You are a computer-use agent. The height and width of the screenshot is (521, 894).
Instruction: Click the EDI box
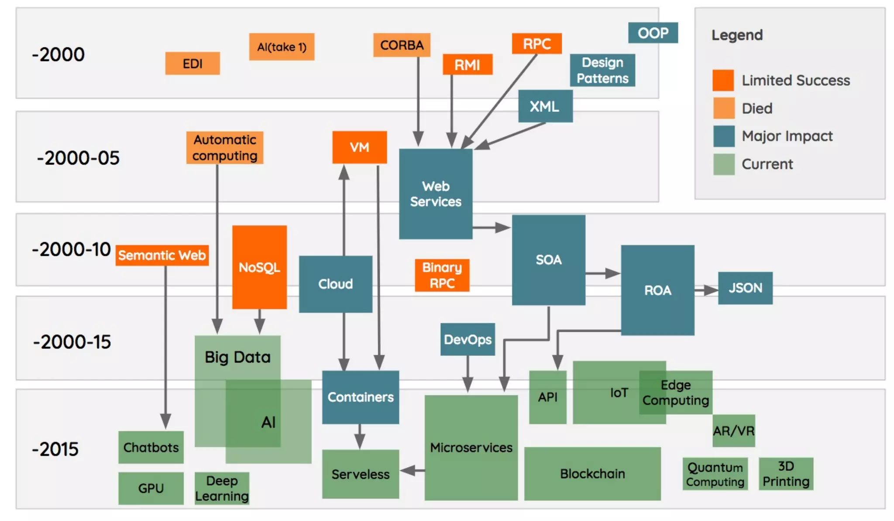click(192, 64)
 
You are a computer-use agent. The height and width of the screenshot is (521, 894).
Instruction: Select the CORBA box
click(402, 45)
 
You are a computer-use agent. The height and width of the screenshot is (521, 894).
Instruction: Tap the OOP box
click(653, 33)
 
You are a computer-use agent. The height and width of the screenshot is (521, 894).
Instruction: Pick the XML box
click(545, 106)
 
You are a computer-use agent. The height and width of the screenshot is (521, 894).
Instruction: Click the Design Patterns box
click(602, 70)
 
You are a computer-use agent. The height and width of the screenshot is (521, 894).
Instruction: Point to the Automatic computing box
click(224, 148)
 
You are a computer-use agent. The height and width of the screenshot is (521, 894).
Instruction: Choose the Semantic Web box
click(162, 255)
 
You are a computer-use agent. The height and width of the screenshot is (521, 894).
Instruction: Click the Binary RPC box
click(442, 275)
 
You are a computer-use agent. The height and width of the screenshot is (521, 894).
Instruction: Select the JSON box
click(745, 288)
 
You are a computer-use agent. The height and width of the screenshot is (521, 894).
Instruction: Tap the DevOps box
click(467, 339)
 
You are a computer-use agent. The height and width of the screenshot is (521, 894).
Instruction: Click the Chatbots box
click(151, 447)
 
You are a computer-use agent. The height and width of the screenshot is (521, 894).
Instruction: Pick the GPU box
click(151, 488)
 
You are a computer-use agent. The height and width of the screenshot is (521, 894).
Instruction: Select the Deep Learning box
click(222, 488)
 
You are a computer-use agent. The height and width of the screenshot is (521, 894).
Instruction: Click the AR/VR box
click(733, 431)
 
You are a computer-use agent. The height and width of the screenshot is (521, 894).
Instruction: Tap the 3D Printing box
click(785, 474)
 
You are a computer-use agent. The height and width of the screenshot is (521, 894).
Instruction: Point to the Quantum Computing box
click(715, 474)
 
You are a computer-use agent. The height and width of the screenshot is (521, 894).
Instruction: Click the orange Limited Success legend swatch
click(723, 80)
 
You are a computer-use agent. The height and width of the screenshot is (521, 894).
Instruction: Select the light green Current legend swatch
click(723, 164)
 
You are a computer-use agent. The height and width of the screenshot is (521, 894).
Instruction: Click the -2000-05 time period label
click(78, 158)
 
